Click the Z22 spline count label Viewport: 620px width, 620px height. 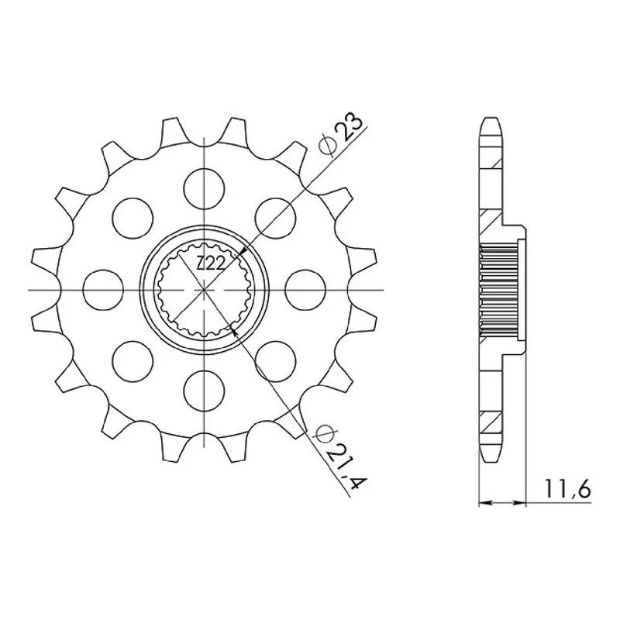point(211,263)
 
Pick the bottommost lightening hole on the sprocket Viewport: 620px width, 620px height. point(204,391)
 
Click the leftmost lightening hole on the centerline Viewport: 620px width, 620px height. point(104,290)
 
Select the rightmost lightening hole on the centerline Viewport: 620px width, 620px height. point(305,290)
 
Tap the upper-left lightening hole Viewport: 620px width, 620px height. point(133,219)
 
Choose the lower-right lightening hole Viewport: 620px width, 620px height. point(276,361)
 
